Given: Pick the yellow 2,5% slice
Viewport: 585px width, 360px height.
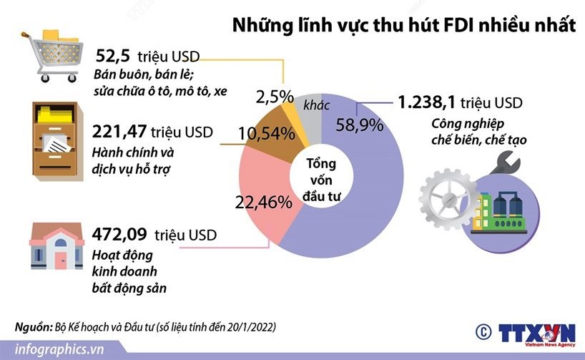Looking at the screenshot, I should point(292,107).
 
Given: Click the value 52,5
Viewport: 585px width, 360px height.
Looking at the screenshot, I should point(114,57).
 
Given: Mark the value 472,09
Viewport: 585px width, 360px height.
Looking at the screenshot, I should point(119,235).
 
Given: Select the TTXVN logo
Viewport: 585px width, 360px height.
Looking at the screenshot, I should point(536,333).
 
